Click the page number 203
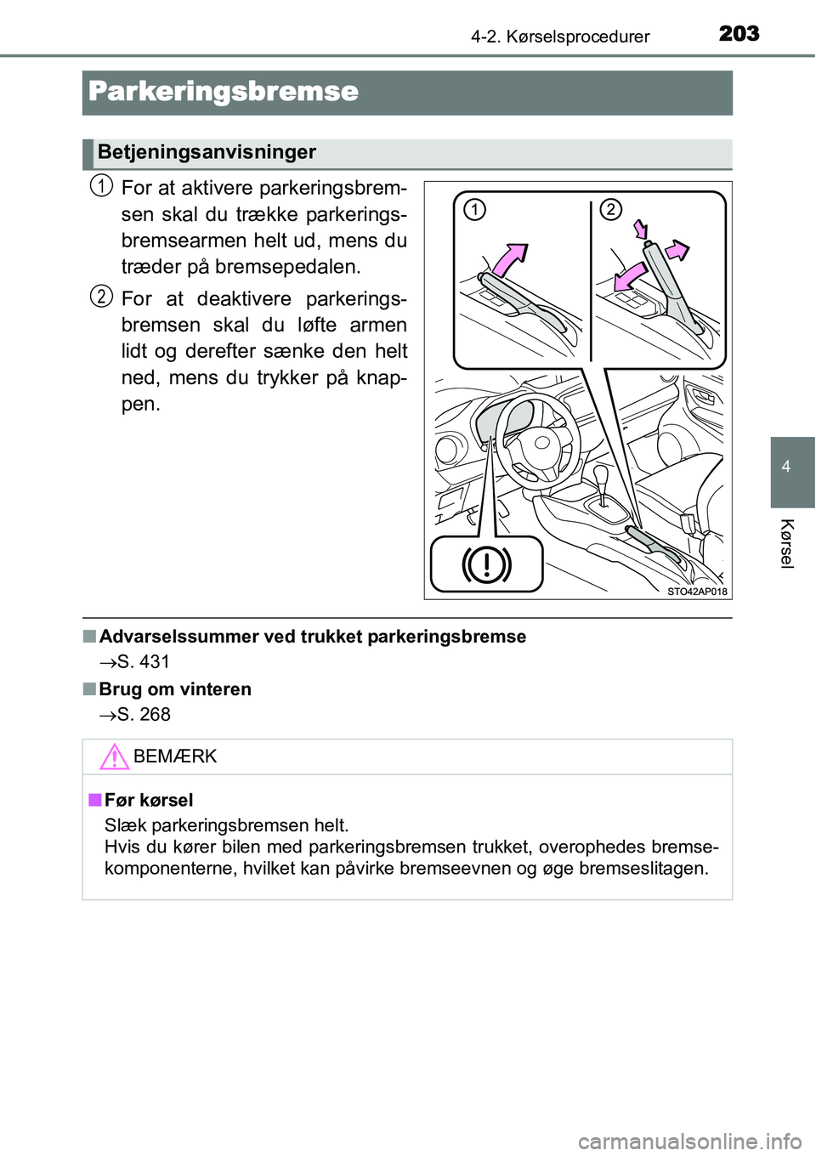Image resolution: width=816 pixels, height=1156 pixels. pyautogui.click(x=739, y=33)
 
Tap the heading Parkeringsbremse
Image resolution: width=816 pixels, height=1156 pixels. pyautogui.click(x=224, y=92)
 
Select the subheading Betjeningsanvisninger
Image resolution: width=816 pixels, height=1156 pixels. pyautogui.click(x=207, y=153)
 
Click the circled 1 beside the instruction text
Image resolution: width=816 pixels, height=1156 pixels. pyautogui.click(x=101, y=185)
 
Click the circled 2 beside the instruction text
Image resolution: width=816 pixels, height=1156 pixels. pyautogui.click(x=101, y=297)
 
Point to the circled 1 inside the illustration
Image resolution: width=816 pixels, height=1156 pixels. pyautogui.click(x=474, y=209)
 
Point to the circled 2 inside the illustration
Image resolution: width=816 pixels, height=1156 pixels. pyautogui.click(x=610, y=209)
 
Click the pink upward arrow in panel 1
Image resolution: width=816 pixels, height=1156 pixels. pyautogui.click(x=509, y=258)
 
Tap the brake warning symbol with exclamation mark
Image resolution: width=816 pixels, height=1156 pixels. pyautogui.click(x=486, y=564)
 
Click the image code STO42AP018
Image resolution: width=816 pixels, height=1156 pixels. pyautogui.click(x=697, y=592)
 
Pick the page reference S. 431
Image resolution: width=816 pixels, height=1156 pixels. pyautogui.click(x=144, y=662)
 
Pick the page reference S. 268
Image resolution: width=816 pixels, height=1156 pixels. pyautogui.click(x=144, y=715)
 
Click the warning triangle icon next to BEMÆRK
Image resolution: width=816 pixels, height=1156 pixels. pyautogui.click(x=114, y=756)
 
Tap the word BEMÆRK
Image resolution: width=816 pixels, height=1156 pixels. pyautogui.click(x=175, y=756)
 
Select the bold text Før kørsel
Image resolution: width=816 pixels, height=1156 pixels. pyautogui.click(x=149, y=800)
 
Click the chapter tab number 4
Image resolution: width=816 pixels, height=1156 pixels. pyautogui.click(x=786, y=467)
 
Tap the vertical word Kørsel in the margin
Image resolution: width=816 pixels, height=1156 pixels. pyautogui.click(x=787, y=542)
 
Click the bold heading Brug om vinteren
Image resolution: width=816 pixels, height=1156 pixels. pyautogui.click(x=175, y=689)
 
